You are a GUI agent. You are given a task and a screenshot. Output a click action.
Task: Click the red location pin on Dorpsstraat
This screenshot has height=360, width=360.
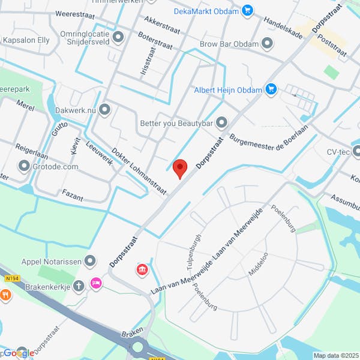pyautogui.click(x=179, y=168)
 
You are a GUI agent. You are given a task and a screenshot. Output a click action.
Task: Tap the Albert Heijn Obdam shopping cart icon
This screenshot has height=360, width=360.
pyautogui.click(x=271, y=89)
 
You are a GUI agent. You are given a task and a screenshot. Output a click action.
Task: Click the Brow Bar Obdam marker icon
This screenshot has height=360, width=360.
pyautogui.click(x=268, y=43)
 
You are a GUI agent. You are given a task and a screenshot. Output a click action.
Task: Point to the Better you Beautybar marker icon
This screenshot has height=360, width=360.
pyautogui.click(x=222, y=123)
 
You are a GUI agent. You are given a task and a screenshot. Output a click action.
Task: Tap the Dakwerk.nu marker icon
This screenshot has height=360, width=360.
pyautogui.click(x=106, y=110)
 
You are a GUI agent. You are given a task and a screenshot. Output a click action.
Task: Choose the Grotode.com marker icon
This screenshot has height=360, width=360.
pyautogui.click(x=24, y=166)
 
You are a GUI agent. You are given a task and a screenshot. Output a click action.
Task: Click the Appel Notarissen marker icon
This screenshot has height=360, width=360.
pyautogui.click(x=91, y=260)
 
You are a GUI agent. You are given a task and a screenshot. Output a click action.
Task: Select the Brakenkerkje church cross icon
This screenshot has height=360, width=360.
pyautogui.click(x=79, y=286)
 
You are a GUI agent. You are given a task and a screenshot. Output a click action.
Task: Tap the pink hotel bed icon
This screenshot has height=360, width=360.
pyautogui.click(x=95, y=283)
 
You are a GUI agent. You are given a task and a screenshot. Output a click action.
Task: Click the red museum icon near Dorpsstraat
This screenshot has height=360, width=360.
pyautogui.click(x=142, y=269)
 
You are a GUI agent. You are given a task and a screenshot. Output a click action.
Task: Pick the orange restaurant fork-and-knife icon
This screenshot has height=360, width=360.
pyautogui.click(x=5, y=295)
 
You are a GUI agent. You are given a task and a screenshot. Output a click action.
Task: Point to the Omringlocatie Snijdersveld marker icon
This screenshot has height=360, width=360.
pyautogui.click(x=118, y=37)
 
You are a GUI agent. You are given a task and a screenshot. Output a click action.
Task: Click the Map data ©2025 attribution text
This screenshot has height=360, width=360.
pyautogui.click(x=335, y=354)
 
